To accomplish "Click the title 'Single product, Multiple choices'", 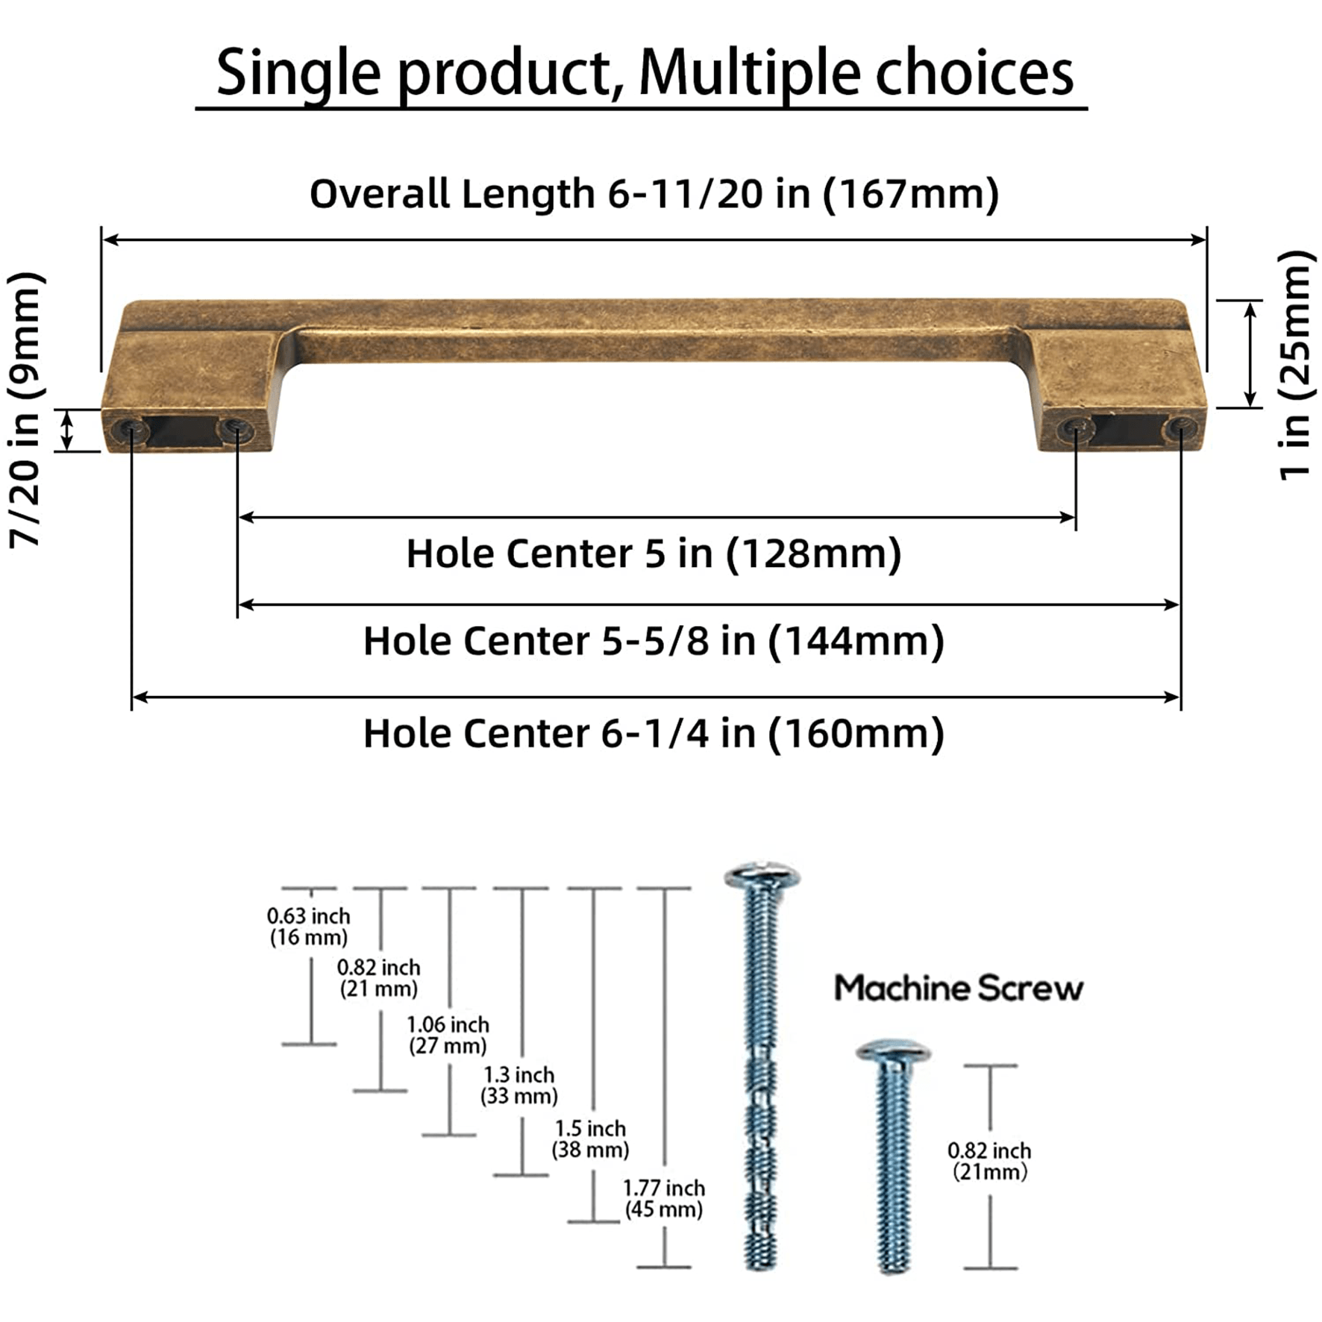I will tap(644, 73).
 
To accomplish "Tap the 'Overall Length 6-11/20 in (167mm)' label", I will tap(654, 194).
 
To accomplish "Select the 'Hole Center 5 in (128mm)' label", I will tap(654, 554).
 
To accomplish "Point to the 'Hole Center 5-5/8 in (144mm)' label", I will tap(654, 641).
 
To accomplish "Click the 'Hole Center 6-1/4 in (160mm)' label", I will tap(654, 733).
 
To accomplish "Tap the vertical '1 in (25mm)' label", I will tap(1296, 366).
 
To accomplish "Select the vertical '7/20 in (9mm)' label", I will tap(27, 410).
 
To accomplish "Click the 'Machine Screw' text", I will tap(958, 989).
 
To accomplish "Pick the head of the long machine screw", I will tap(762, 875).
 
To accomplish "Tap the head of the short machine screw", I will tap(892, 1052).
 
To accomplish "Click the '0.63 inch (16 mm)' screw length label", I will tap(308, 927).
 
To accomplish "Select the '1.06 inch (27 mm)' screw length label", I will tap(448, 1035).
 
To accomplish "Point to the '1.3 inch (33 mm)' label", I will tap(519, 1086).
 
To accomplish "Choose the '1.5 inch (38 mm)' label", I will tap(590, 1139).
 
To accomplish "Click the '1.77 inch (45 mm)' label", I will tap(664, 1199).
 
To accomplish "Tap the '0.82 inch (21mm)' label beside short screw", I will tap(989, 1161).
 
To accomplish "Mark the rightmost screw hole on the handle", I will tap(1180, 428).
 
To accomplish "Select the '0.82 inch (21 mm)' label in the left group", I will tap(379, 978).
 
